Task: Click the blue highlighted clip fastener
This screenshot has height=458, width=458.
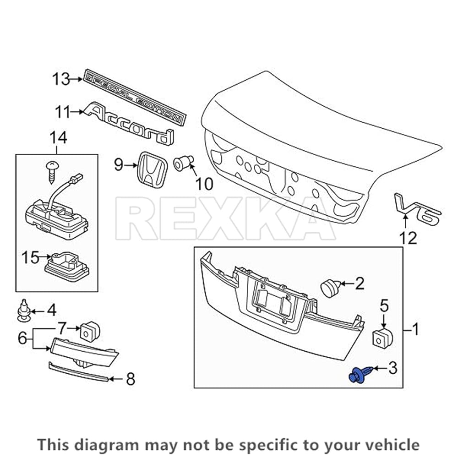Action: pyautogui.click(x=357, y=375)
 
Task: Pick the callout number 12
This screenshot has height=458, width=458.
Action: pyautogui.click(x=407, y=238)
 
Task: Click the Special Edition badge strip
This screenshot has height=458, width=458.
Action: pyautogui.click(x=136, y=98)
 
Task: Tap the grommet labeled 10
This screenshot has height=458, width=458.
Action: pyautogui.click(x=184, y=163)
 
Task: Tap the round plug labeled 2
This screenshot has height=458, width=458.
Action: pyautogui.click(x=329, y=286)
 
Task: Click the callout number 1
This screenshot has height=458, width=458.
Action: pyautogui.click(x=415, y=329)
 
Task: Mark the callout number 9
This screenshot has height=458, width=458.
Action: pyautogui.click(x=119, y=164)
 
